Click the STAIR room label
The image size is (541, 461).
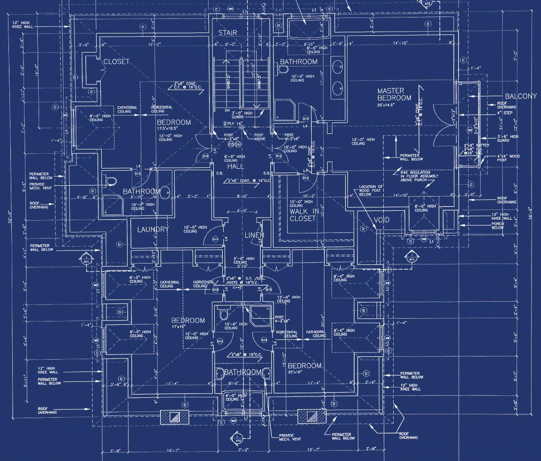227,33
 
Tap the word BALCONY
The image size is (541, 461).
521,96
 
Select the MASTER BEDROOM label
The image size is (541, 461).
394,94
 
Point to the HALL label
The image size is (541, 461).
235,167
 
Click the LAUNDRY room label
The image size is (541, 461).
153,230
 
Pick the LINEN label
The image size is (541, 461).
254,235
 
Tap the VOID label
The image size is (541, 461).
382,220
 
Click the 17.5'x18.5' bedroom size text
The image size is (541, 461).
174,129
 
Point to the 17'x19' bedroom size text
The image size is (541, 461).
188,327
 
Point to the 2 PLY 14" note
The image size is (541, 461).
231,123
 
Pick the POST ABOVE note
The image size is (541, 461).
260,137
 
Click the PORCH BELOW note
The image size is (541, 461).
498,226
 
